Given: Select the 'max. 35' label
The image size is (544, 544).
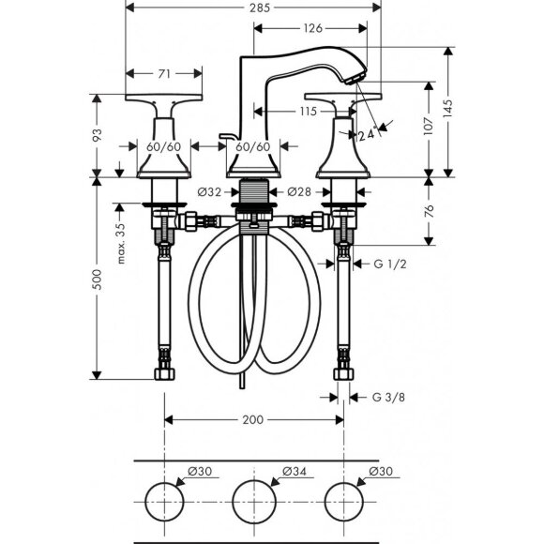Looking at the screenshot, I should click(121, 243).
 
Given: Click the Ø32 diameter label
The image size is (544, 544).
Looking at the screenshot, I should click(209, 192).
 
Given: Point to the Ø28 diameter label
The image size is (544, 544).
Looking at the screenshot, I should click(297, 192).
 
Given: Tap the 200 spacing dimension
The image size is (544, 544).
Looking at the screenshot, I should click(252, 421).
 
